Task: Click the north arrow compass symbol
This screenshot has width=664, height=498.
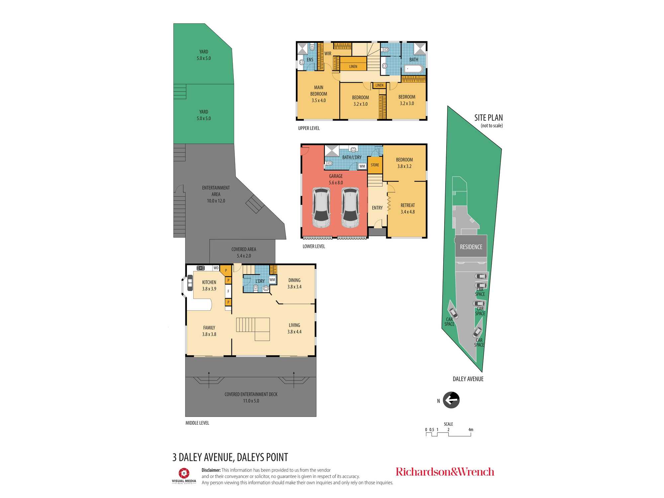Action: (451, 400)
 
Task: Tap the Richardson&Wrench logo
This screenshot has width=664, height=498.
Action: (445, 472)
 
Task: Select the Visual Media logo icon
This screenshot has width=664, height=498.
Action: (184, 473)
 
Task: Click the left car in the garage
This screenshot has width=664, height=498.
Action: (321, 207)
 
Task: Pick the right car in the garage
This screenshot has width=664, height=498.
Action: (350, 207)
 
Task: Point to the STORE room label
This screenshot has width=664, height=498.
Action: (375, 165)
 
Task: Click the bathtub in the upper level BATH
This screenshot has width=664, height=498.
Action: (413, 69)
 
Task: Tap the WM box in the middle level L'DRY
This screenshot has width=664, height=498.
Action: (272, 280)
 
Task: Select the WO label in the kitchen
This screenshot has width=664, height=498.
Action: (216, 268)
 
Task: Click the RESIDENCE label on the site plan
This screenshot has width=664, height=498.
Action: (471, 247)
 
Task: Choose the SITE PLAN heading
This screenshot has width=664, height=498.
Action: (488, 118)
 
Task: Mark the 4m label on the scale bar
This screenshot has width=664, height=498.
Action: (471, 430)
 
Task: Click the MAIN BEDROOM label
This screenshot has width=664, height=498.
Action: (319, 91)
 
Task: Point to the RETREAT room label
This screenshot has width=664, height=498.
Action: (408, 205)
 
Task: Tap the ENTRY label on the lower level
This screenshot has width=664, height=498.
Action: (377, 208)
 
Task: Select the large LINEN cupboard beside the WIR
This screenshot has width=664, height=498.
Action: (353, 63)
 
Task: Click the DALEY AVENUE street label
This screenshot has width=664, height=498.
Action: (468, 379)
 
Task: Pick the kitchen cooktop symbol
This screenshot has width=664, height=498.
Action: (201, 268)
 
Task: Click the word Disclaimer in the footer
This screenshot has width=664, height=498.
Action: (211, 470)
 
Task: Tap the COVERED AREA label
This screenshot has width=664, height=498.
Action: (244, 249)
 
